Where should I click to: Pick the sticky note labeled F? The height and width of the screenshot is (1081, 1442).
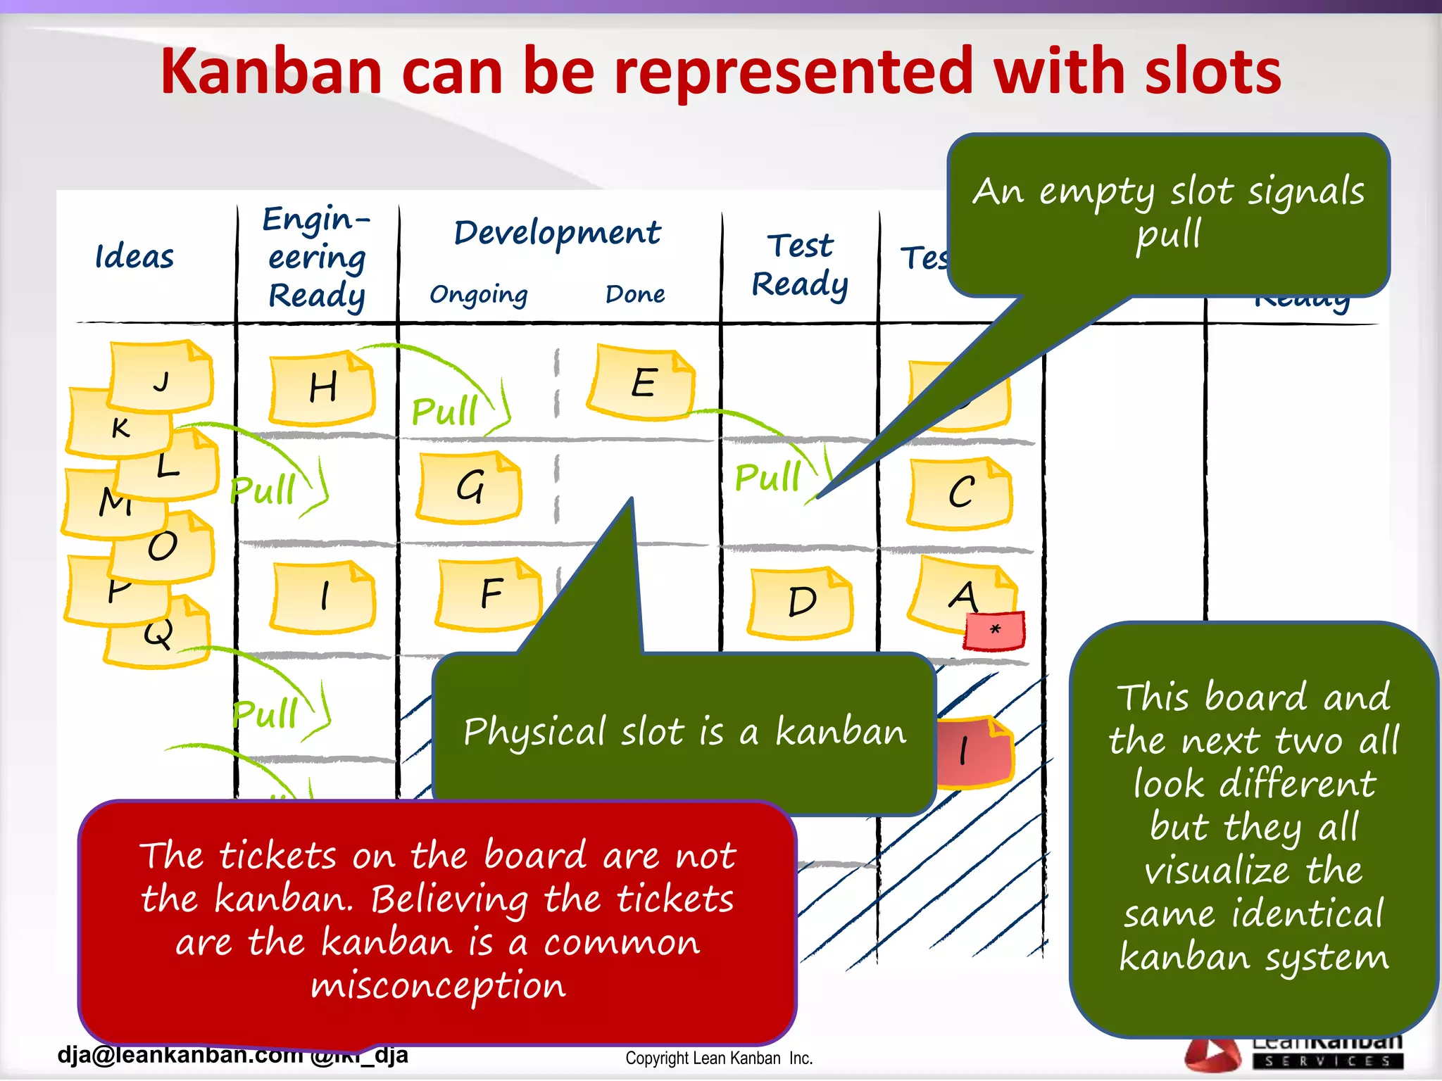pos(490,593)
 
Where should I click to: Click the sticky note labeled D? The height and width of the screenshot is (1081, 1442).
pos(801,602)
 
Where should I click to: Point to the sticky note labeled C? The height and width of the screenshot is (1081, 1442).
pos(960,493)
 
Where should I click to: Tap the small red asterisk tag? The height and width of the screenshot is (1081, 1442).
pos(994,630)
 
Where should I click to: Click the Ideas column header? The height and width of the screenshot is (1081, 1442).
pos(134,257)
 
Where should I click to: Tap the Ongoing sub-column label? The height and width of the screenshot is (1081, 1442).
pos(479,294)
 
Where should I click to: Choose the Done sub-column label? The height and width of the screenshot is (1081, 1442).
pos(635,293)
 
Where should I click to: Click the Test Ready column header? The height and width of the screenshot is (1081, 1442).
pos(800,265)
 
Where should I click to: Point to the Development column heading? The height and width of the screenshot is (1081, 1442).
pos(558,233)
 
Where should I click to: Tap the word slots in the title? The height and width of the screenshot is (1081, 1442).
pos(1212,72)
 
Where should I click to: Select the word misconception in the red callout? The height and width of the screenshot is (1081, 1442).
pos(438,985)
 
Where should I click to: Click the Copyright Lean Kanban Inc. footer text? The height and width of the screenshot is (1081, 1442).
pos(719,1058)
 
